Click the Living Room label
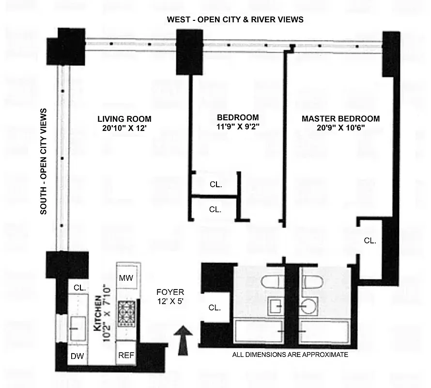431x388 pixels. [124, 119]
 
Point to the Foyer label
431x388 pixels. [170, 292]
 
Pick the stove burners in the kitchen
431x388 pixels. [128, 313]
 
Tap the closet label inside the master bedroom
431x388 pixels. [369, 240]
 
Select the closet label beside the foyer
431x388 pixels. [214, 307]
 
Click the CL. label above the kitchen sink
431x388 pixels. [79, 288]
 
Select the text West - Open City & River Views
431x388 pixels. [235, 19]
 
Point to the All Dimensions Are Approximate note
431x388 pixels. [291, 355]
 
